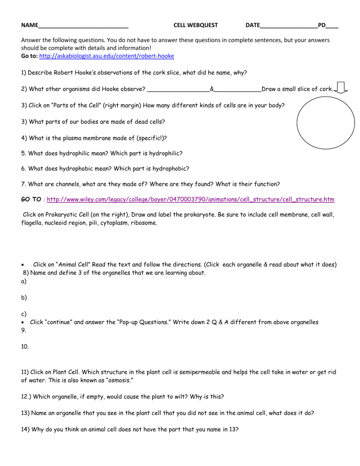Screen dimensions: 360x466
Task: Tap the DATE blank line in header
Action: pos(288,26)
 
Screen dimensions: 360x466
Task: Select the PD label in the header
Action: pos(322,25)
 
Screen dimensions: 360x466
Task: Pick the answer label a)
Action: pos(24,281)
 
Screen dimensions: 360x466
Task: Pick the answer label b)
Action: pos(24,297)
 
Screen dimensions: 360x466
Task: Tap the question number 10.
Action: pos(26,348)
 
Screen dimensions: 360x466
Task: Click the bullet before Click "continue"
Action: pos(23,322)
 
